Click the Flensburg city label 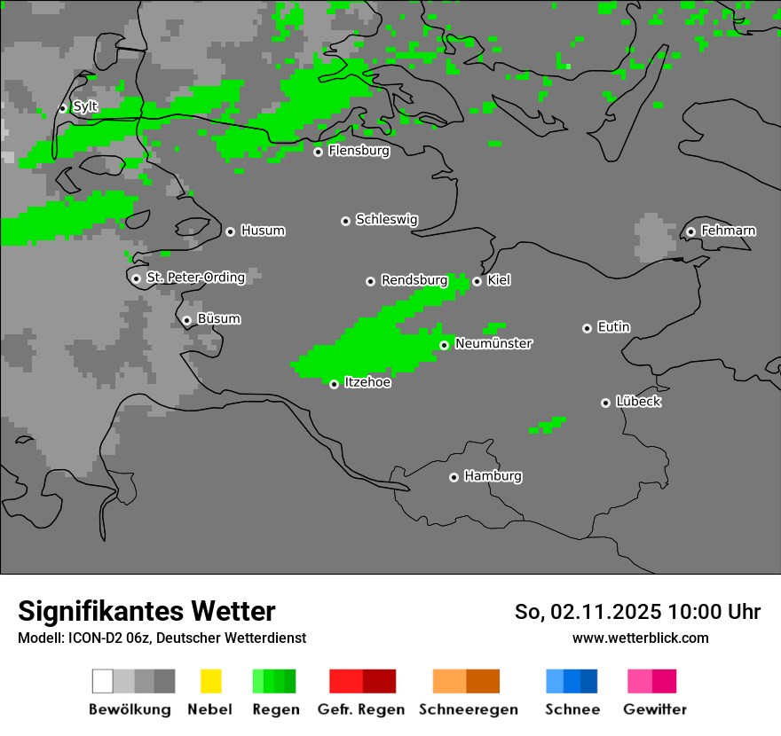[359, 151]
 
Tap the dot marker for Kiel [477, 281]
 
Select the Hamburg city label [493, 476]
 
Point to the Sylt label [85, 107]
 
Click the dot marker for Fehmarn [691, 232]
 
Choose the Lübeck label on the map [638, 402]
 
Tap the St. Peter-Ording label [195, 278]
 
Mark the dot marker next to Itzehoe [334, 384]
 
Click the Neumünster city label [493, 343]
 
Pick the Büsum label [218, 319]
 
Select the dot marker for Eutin [587, 328]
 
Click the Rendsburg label [414, 280]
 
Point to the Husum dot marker [230, 231]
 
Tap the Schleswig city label [386, 220]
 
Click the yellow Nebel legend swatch [210, 681]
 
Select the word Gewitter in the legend [655, 709]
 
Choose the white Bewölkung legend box [103, 681]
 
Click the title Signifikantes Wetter [146, 611]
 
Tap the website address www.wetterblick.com [641, 638]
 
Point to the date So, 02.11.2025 [588, 612]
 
